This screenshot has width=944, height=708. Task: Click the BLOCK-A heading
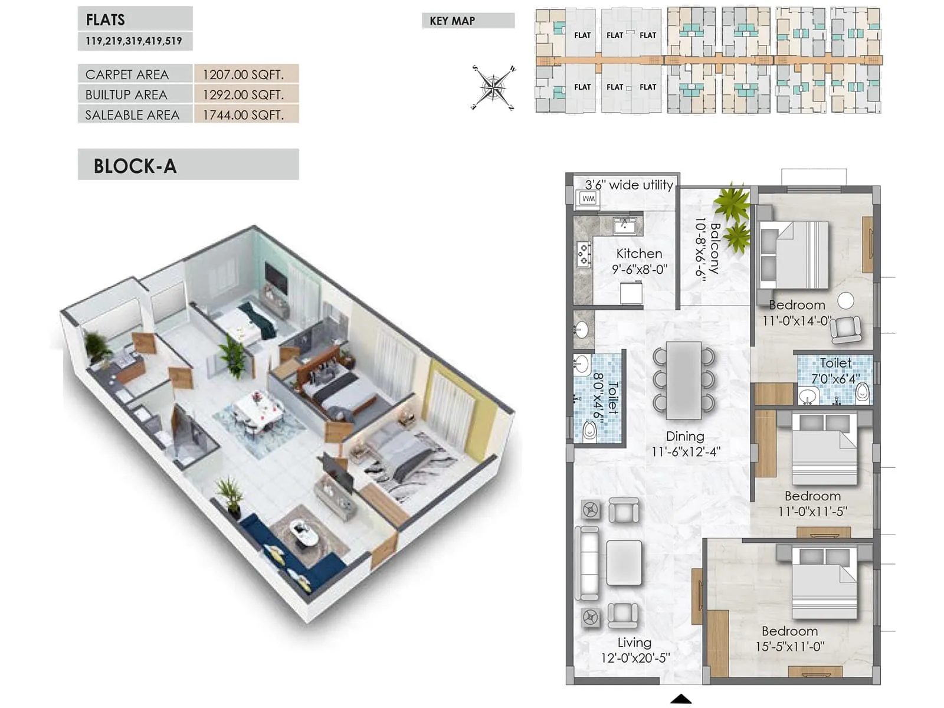pos(135,166)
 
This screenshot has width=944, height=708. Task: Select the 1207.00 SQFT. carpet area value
pos(243,74)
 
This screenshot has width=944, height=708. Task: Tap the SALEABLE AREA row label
pos(132,115)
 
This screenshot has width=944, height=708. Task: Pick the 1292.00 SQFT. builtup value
pos(243,94)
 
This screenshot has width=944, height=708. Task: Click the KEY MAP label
pos(452,21)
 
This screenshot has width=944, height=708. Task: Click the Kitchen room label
pos(639,254)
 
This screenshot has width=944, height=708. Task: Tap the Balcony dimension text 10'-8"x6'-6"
pos(701,248)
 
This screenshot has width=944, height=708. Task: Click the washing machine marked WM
pos(588,199)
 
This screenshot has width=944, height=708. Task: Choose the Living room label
pos(634,643)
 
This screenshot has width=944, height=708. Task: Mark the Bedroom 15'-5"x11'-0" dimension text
pos(789,647)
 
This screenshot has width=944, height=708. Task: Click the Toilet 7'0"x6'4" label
pos(835,363)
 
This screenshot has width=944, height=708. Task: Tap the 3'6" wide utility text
pos(629,185)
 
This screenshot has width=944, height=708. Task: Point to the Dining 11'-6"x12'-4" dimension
pos(686,452)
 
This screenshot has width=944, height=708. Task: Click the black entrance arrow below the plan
pos(681,699)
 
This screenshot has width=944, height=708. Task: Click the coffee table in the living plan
pos(624,562)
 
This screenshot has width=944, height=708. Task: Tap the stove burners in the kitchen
pos(584,254)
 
